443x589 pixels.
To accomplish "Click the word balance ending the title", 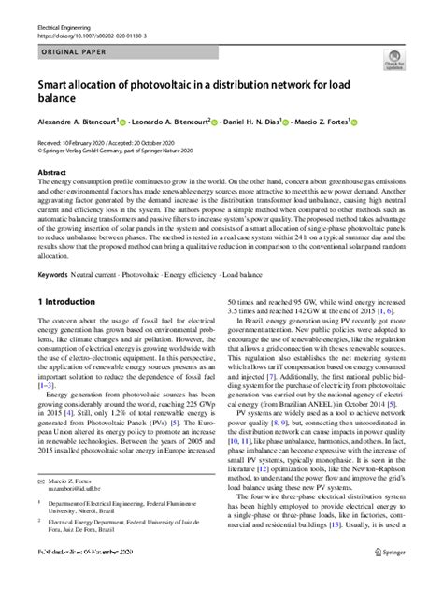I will point(57,100).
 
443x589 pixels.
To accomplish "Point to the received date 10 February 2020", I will point(86,142).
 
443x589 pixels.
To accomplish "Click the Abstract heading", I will point(51,173).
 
